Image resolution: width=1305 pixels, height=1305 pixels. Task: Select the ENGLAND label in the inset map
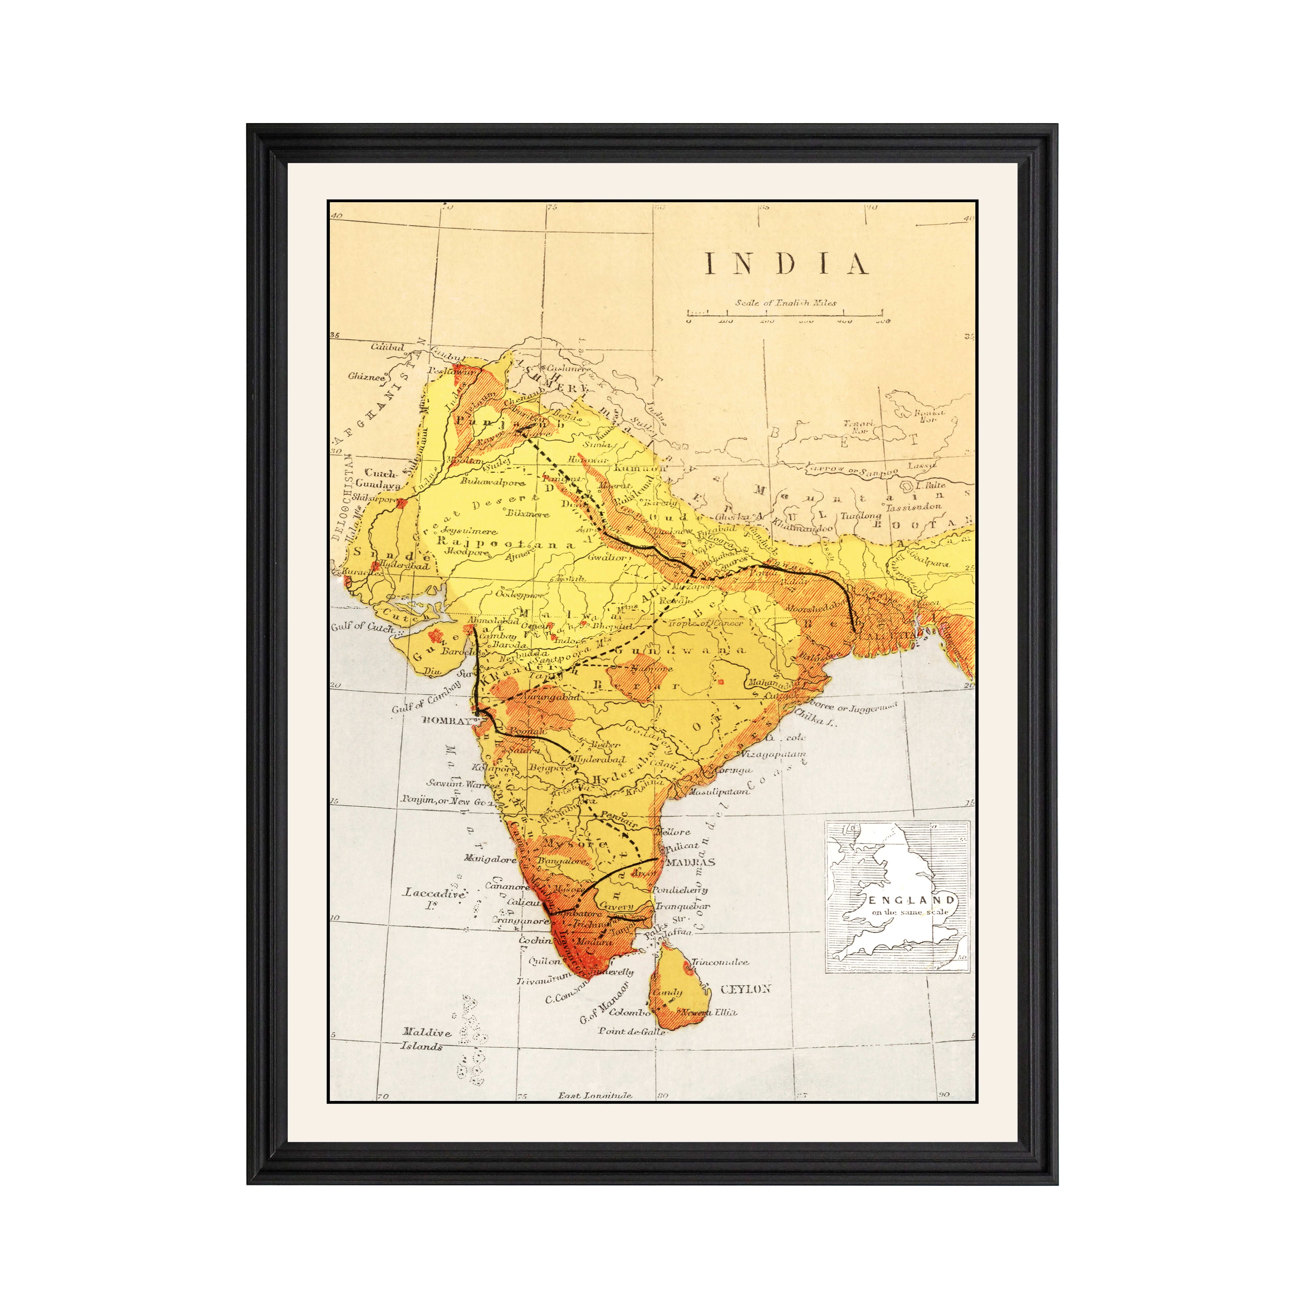pos(912,900)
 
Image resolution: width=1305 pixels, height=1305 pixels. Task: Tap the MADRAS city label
pos(690,863)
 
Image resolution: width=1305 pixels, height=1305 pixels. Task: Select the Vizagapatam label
pos(774,754)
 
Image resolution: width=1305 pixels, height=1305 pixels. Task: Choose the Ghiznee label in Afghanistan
pos(367,376)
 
